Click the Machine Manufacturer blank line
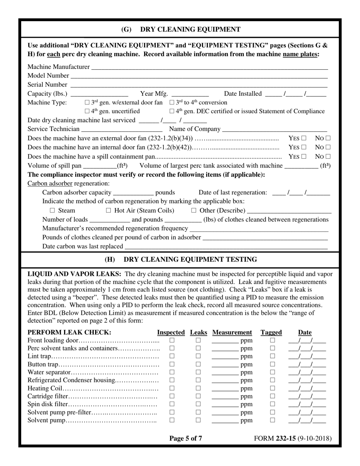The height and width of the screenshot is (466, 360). [209, 67]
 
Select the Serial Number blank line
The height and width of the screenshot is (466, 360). [199, 85]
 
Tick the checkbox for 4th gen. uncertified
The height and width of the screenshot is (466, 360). [87, 111]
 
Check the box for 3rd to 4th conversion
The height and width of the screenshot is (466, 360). [172, 103]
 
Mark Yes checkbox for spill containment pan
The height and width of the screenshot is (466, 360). [304, 156]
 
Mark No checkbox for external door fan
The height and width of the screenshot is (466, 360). [328, 139]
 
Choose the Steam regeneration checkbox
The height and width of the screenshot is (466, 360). [53, 211]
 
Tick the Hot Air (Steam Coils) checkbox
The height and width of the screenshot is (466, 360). [108, 211]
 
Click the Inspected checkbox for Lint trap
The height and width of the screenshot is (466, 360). [172, 357]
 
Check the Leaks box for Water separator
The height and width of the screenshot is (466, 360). [198, 372]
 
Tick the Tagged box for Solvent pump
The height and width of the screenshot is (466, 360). [272, 420]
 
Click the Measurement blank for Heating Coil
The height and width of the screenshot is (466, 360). [225, 389]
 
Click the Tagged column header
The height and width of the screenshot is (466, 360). [271, 333]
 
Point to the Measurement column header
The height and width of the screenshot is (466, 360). [232, 333]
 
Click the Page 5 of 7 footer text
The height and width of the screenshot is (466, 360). [186, 439]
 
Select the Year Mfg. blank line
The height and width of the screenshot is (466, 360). [190, 94]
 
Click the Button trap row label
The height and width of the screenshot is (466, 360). [43, 364]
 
